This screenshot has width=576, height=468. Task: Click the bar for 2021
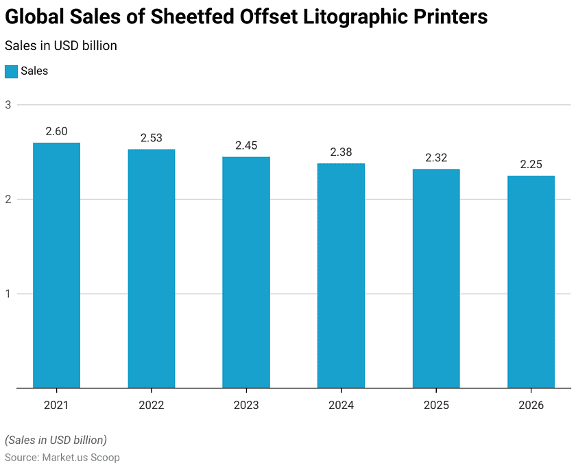coord(56,266)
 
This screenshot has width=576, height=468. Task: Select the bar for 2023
coord(245,272)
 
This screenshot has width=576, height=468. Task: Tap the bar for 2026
coord(531,282)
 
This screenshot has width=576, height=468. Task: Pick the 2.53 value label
coord(151,138)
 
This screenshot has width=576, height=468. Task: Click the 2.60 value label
coord(56,131)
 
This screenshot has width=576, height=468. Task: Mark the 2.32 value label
coord(436,158)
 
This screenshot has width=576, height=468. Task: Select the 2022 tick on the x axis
coord(151,406)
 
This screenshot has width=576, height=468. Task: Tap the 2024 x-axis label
coord(341,406)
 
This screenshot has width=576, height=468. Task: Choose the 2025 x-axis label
coord(436,406)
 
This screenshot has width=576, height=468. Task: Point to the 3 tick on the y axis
coord(8,105)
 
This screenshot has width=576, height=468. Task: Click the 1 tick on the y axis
coord(8,294)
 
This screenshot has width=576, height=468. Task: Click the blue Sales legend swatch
coord(11,71)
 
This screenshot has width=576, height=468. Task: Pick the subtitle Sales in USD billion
coord(60,46)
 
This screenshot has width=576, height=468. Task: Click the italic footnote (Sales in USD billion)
coord(56,440)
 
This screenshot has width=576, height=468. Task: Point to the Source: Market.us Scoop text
coord(62,457)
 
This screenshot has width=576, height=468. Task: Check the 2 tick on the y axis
coord(8,199)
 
